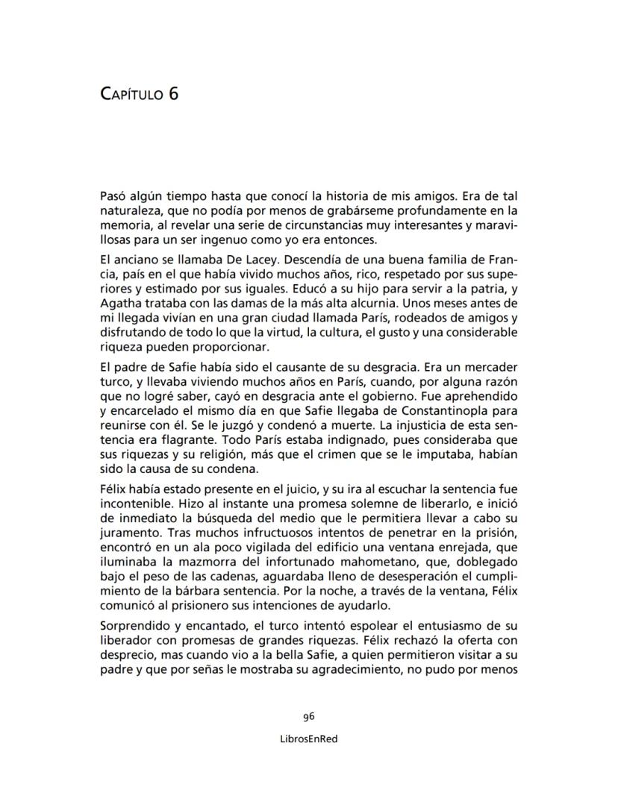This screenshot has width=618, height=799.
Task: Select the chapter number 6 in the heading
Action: [173, 95]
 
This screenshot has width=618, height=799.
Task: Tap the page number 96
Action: [309, 716]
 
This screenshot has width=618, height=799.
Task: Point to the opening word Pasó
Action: [114, 197]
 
